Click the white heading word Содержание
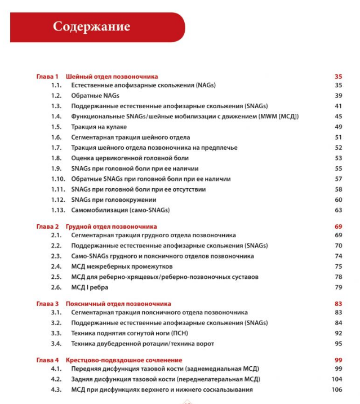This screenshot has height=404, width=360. [x=91, y=26]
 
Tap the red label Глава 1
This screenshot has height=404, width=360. [x=47, y=76]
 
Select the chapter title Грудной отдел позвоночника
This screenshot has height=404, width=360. [x=111, y=227]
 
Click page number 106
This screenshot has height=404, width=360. [x=337, y=390]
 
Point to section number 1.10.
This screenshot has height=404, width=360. [x=58, y=179]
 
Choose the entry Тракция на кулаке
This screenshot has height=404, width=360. [x=99, y=127]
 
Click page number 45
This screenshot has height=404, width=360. [x=339, y=117]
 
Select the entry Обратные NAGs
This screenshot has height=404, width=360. [x=95, y=96]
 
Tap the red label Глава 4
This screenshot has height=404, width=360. [x=47, y=359]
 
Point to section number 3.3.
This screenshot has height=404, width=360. [x=56, y=334]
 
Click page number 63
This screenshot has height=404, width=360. [x=339, y=210]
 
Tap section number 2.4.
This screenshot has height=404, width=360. [x=56, y=267]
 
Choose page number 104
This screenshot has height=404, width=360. [x=337, y=379]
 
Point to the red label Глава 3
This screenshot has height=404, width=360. [x=47, y=304]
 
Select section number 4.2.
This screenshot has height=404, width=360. [x=56, y=379]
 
